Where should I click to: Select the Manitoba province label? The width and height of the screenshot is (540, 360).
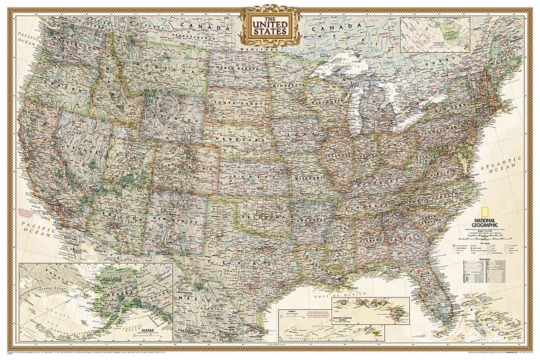pyautogui.click(x=261, y=48)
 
